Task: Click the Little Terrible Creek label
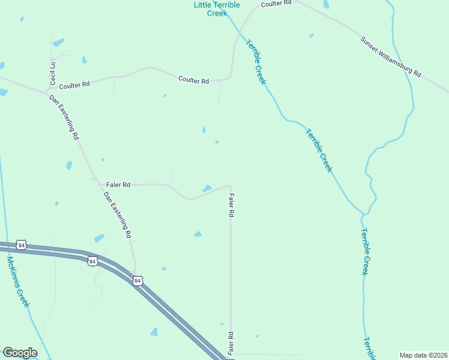pos(217,9)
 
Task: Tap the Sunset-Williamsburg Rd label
pos(391,57)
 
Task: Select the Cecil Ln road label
pos(53,72)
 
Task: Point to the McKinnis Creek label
pos(18,281)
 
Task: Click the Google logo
pos(20,353)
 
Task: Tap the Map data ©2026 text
pos(423,355)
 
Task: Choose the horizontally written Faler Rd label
pos(118,185)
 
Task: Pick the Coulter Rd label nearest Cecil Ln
pos(74,85)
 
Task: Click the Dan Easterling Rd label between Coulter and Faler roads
pos(64,117)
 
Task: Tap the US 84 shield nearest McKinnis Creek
pos(22,245)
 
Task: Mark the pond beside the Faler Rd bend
pos(207,189)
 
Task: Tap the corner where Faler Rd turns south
pos(231,186)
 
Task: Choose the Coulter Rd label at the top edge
pos(276,3)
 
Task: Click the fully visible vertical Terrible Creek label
pos(364,251)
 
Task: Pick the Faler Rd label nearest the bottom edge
pos(230,343)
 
